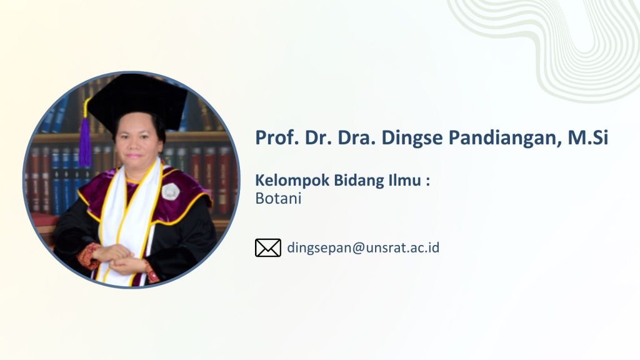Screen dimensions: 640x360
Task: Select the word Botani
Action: pyautogui.click(x=278, y=198)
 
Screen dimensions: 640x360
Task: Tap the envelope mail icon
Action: pyautogui.click(x=268, y=247)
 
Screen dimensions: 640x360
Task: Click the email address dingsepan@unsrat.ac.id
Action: pyautogui.click(x=363, y=248)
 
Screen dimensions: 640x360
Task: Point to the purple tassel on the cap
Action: pyautogui.click(x=85, y=141)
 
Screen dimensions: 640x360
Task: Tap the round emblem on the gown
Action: pyautogui.click(x=170, y=192)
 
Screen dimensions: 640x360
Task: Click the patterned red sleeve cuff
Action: pyautogui.click(x=89, y=256)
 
